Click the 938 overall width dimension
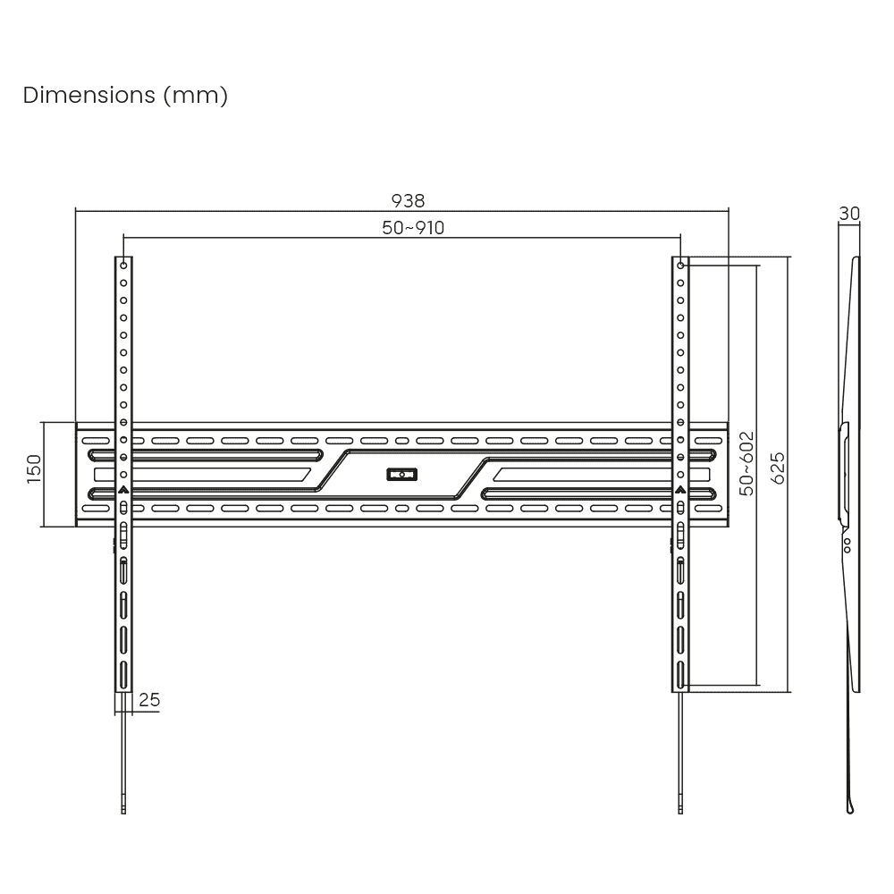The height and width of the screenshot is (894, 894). pos(408,200)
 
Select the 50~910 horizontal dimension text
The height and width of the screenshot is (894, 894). pos(413,227)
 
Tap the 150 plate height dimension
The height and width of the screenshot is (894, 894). pos(34,468)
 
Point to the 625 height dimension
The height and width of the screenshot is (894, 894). pos(778,468)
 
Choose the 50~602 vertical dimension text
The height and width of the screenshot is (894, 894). pos(746,463)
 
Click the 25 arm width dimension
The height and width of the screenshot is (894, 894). pos(149,700)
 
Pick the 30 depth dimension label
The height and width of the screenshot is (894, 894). pos(849,214)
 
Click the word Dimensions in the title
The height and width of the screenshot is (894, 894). pos(89,95)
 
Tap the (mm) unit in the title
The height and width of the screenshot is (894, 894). pos(196,96)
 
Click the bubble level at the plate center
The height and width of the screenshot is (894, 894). pos(402,475)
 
